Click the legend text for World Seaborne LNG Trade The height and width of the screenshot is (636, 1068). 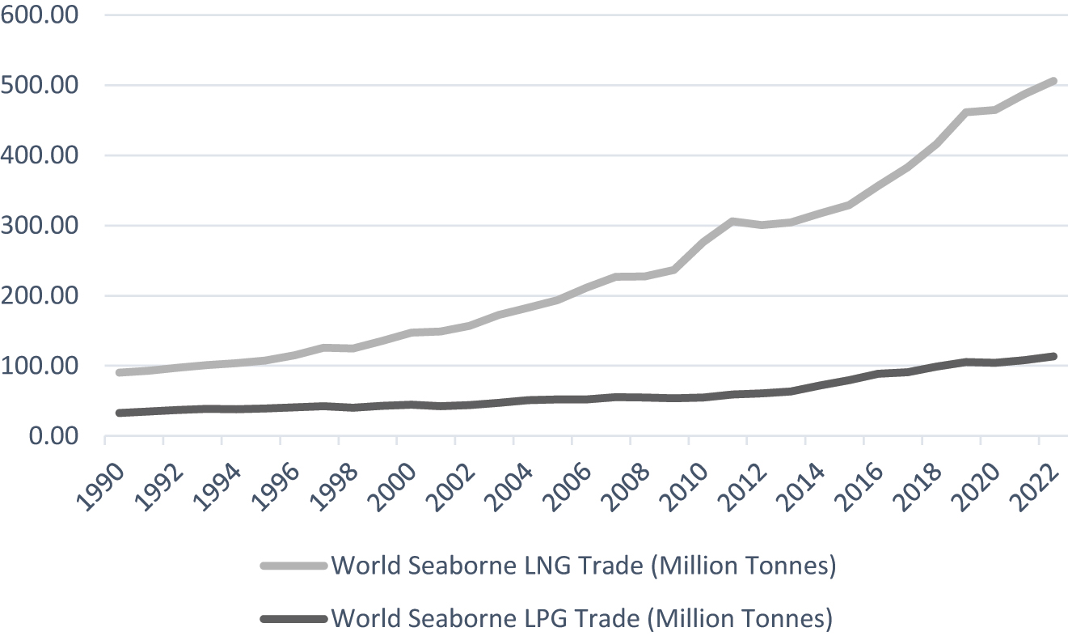pyautogui.click(x=583, y=566)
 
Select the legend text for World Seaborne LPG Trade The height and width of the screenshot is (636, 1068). pyautogui.click(x=581, y=619)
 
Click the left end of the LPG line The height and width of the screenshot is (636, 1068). pyautogui.click(x=120, y=413)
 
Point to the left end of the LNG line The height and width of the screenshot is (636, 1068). pyautogui.click(x=120, y=372)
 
